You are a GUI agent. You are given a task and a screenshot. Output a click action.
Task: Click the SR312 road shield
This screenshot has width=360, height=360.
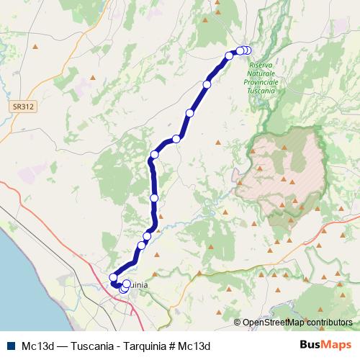pyautogui.click(x=23, y=107)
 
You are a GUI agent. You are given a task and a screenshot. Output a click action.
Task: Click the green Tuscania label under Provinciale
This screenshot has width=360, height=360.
pyautogui.click(x=261, y=91)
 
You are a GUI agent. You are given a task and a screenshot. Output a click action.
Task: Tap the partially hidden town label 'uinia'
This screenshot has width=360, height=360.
pyautogui.click(x=138, y=285)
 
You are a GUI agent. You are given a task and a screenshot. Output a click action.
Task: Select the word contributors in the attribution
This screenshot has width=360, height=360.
pyautogui.click(x=328, y=323)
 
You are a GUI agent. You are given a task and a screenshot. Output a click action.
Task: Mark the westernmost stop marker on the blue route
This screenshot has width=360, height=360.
pyautogui.click(x=113, y=278)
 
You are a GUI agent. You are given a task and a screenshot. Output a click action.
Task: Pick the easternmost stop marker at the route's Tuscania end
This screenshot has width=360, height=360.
pyautogui.click(x=248, y=50)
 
